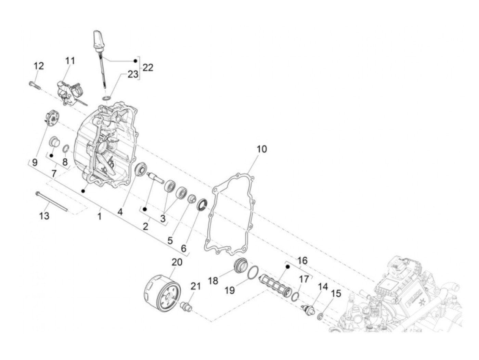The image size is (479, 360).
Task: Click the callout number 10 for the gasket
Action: (262, 149)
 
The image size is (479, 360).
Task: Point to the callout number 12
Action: (39, 66)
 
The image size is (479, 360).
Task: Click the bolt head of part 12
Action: (30, 82)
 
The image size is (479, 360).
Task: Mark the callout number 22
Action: (148, 67)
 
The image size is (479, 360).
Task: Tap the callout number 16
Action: (302, 261)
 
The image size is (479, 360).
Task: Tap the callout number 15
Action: (336, 294)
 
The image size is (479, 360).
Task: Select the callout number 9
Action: (35, 162)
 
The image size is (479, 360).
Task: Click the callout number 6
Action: (184, 249)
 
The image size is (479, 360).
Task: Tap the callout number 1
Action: (99, 216)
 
